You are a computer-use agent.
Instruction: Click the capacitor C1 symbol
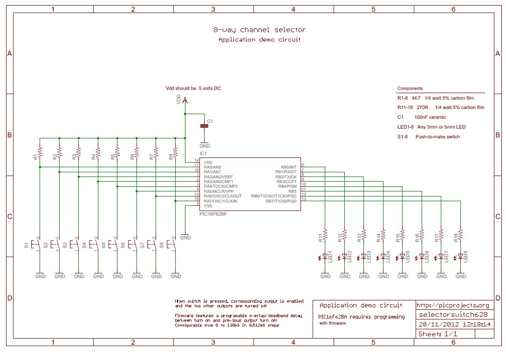[x=204, y=126]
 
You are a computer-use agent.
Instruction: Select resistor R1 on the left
[x=40, y=153]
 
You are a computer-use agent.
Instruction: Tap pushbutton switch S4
[x=96, y=244]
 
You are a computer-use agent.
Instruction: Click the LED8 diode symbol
[x=460, y=256]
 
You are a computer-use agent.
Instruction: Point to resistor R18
[x=460, y=236]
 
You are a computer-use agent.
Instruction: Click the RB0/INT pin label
[x=288, y=167]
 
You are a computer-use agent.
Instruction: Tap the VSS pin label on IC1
[x=208, y=205]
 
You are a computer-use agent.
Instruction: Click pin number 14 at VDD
[x=197, y=160]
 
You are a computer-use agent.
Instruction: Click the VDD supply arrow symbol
[x=185, y=99]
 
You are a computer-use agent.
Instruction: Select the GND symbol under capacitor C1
[x=204, y=145]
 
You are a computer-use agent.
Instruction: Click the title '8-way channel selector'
[x=260, y=30]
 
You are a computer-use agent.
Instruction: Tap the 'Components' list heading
[x=410, y=88]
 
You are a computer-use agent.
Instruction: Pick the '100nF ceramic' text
[x=430, y=117]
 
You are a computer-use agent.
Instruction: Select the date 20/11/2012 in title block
[x=434, y=325]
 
